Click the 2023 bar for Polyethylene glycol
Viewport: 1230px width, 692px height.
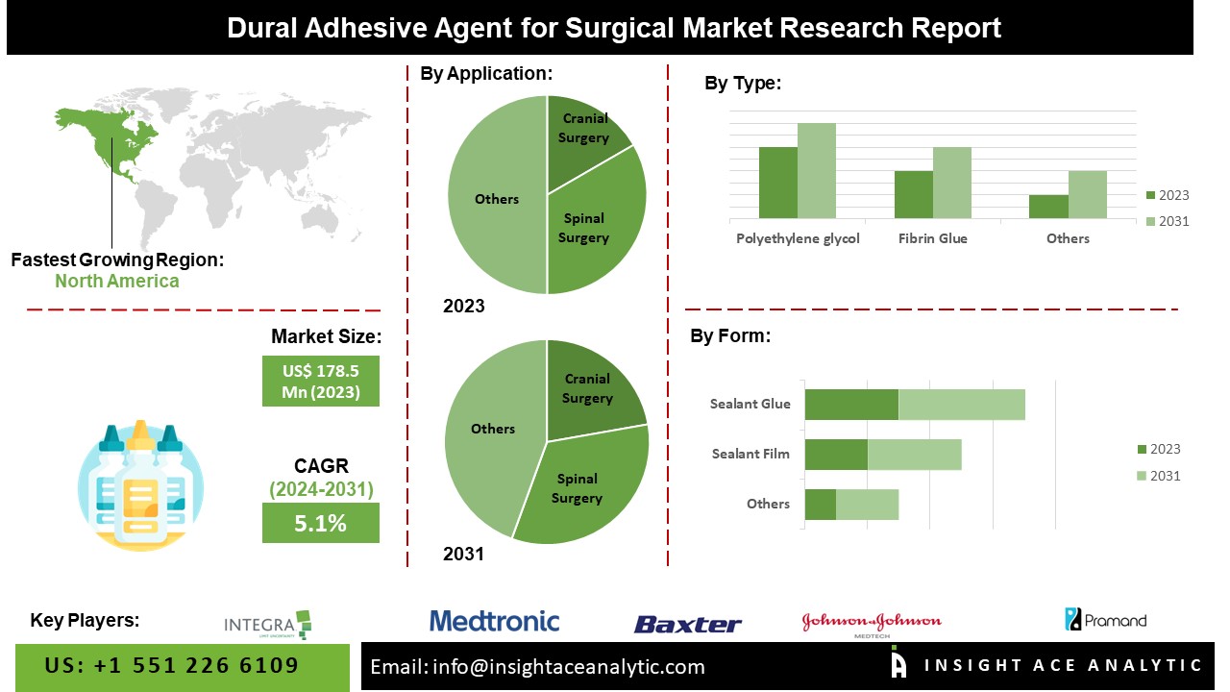pos(777,183)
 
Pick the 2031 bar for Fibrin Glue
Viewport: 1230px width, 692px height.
pos(951,183)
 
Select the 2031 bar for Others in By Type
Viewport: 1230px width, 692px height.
pos(1087,195)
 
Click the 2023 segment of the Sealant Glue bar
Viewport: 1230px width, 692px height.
pos(850,405)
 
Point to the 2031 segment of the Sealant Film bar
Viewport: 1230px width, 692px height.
pos(914,455)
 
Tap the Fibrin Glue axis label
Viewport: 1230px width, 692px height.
pos(932,238)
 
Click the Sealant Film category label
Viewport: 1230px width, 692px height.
pos(750,454)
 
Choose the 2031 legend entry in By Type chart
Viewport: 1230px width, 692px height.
pos(1167,222)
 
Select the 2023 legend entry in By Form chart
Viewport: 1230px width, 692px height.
pos(1158,449)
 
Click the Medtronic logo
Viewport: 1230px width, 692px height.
pos(494,621)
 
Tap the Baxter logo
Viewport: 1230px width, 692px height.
pos(687,625)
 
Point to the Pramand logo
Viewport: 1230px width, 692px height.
pos(1105,620)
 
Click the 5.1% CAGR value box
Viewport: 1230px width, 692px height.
pos(320,523)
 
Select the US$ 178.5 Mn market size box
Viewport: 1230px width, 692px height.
pos(320,382)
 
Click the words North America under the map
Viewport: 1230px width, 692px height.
pos(116,282)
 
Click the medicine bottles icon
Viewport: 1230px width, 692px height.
pos(140,485)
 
